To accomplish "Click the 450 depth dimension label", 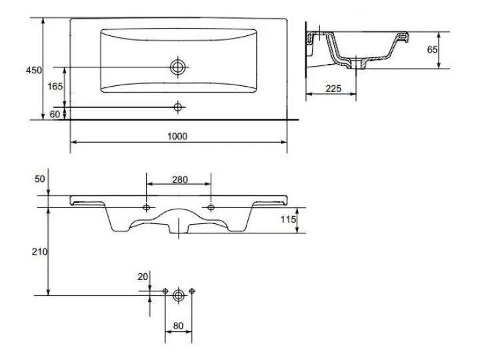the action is pyautogui.click(x=34, y=70).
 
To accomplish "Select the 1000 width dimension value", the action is pyautogui.click(x=177, y=136).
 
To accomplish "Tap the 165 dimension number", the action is pyautogui.click(x=55, y=86).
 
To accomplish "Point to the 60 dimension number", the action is pyautogui.click(x=55, y=114).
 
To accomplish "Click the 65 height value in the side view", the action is pyautogui.click(x=432, y=49).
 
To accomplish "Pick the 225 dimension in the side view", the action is pyautogui.click(x=333, y=89).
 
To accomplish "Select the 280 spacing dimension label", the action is pyautogui.click(x=180, y=179).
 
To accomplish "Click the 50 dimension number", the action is pyautogui.click(x=40, y=179).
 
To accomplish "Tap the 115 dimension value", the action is pyautogui.click(x=289, y=219).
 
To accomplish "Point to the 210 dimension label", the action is pyautogui.click(x=40, y=251).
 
